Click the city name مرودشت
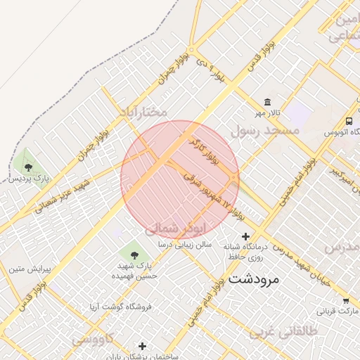(x=253, y=279)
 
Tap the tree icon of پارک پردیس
(x=28, y=167)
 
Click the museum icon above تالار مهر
(x=268, y=102)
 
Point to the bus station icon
(x=349, y=120)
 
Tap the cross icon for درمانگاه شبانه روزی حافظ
(x=245, y=236)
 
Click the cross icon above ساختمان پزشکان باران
(x=143, y=346)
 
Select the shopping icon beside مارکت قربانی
(x=345, y=301)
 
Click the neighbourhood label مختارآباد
(x=143, y=112)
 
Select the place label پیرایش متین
(x=27, y=269)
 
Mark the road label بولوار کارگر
(x=205, y=151)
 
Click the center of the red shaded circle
(x=180, y=179)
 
